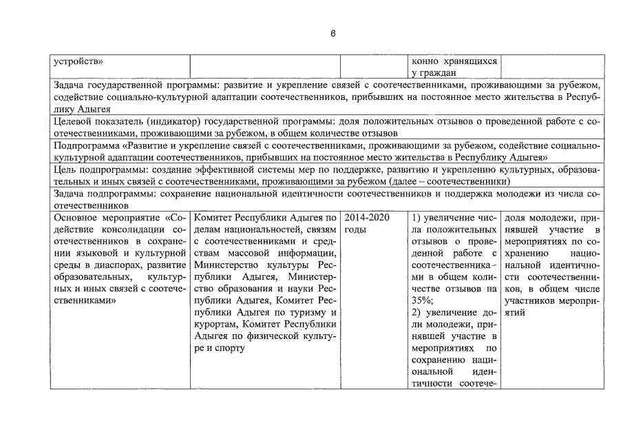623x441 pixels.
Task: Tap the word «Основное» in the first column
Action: tap(77, 218)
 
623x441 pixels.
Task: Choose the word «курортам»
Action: tap(218, 324)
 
